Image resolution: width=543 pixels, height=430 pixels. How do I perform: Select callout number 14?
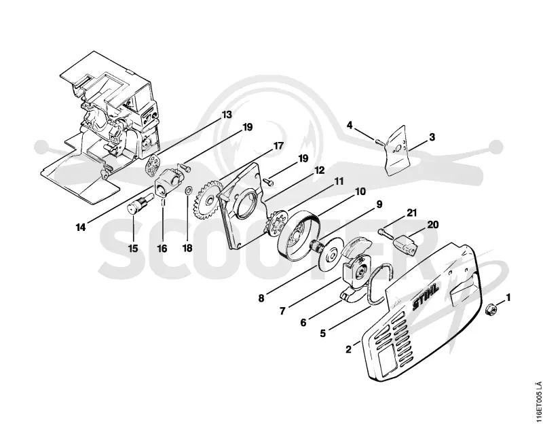(x=81, y=228)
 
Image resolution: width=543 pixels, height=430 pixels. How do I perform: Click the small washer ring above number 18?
(x=189, y=190)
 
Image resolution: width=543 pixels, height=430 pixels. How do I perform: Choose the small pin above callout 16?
(x=163, y=202)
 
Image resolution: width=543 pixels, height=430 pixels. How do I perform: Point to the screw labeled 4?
(x=378, y=141)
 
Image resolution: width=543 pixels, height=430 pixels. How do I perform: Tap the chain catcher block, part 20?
(x=407, y=243)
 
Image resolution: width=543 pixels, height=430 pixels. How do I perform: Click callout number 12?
(x=319, y=170)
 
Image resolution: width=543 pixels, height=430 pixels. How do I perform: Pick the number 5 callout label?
(x=323, y=334)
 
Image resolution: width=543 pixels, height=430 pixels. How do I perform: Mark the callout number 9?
(x=379, y=204)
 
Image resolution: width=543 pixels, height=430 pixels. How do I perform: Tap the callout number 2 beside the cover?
(x=348, y=349)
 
